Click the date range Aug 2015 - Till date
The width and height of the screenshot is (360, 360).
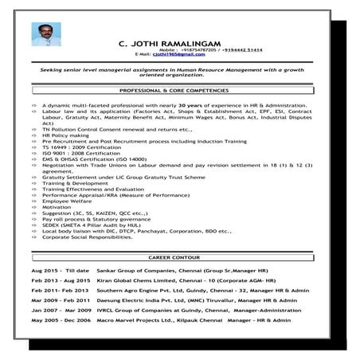pos(56,272)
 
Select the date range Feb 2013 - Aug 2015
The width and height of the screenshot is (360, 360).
pos(57,284)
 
